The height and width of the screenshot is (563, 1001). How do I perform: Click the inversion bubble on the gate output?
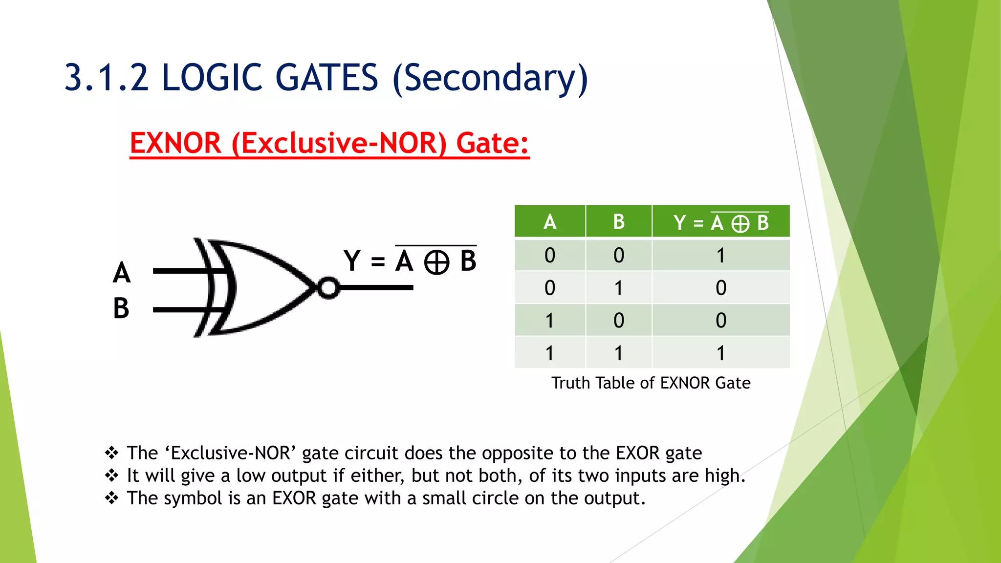coord(328,288)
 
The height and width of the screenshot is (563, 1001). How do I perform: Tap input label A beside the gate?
coord(122,273)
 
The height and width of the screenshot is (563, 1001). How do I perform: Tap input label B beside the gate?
coord(121,309)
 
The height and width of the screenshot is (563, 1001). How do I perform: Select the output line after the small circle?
coord(376,288)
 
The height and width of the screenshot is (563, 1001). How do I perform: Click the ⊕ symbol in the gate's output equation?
coord(436,262)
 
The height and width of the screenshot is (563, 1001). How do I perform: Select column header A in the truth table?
coord(550,222)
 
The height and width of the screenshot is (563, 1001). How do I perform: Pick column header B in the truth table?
coord(619,222)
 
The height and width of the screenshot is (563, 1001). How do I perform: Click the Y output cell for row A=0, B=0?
coord(720,256)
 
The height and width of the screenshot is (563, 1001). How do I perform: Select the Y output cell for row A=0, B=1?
coord(720,288)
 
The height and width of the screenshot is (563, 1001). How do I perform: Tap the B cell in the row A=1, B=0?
coord(619,321)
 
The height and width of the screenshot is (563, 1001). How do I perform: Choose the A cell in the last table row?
coord(550,353)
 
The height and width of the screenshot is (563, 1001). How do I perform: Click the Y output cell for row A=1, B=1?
coord(720,353)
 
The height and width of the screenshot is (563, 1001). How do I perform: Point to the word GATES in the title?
coord(326,78)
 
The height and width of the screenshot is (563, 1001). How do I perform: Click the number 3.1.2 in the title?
coord(107,78)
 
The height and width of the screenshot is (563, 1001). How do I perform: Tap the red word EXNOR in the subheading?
coord(175,144)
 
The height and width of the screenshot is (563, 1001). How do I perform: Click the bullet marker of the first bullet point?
coord(112,453)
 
